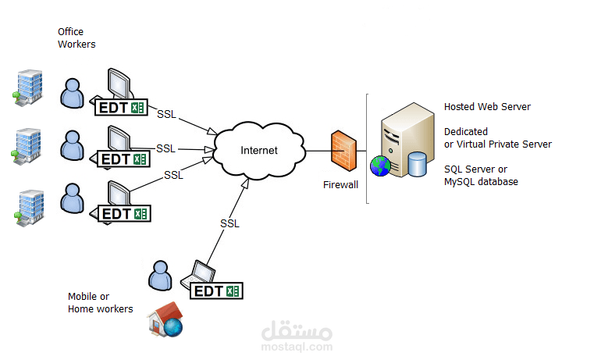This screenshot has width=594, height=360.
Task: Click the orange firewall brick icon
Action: [343, 151]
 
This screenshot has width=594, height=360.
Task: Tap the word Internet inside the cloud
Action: [259, 151]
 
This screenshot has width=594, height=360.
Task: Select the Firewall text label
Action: [340, 184]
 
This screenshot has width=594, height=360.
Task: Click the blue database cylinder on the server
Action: [417, 164]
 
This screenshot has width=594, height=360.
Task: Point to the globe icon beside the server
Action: [380, 166]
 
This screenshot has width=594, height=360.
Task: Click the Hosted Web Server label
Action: [487, 107]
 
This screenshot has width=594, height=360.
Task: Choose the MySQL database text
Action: [481, 182]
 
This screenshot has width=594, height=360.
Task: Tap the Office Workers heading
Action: [76, 38]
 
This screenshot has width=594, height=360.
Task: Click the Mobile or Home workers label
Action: [101, 302]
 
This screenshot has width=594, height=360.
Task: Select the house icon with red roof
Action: [165, 319]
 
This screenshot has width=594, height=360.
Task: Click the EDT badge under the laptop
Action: [216, 291]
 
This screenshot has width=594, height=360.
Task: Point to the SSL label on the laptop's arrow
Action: [229, 223]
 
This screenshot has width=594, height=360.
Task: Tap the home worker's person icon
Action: [160, 276]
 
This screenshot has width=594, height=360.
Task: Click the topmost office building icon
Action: [27, 88]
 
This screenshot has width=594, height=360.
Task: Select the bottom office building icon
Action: [30, 208]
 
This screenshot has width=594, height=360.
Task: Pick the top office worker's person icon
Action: [72, 93]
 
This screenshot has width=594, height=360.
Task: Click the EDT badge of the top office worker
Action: [121, 108]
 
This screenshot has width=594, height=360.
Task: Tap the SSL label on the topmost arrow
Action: [167, 114]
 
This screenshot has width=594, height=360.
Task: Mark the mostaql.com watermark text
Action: [297, 347]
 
